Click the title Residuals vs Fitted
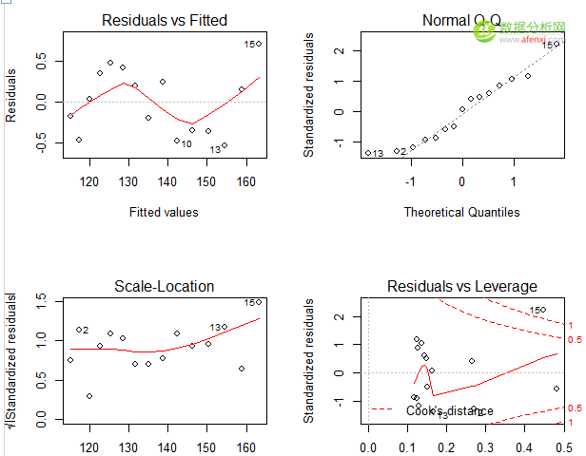pyautogui.click(x=164, y=20)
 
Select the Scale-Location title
pyautogui.click(x=164, y=286)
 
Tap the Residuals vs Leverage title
pyautogui.click(x=461, y=286)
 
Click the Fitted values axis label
pyautogui.click(x=164, y=212)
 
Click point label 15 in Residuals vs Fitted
pyautogui.click(x=248, y=44)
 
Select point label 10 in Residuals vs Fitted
pyautogui.click(x=186, y=144)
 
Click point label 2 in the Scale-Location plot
pyautogui.click(x=85, y=331)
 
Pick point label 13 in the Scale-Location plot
pyautogui.click(x=216, y=328)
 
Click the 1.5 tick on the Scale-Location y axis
pyautogui.click(x=40, y=300)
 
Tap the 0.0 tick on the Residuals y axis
pyautogui.click(x=40, y=102)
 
